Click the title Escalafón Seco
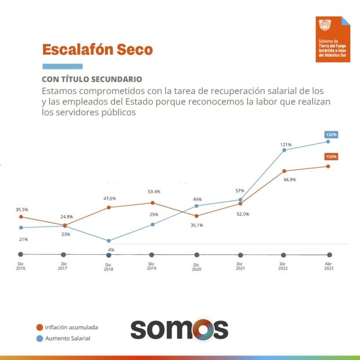coord(98,50)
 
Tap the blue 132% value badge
coord(332,135)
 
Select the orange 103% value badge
coord(332,157)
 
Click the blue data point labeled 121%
coord(285,150)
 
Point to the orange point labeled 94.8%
coord(285,171)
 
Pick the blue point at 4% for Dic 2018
coord(109,240)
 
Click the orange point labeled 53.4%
coord(153,203)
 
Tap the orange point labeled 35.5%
coord(21,217)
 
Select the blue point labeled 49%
coord(196,206)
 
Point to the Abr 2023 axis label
coord(329,267)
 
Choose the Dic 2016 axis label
coord(21,267)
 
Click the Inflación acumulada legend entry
coord(66,327)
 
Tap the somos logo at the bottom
coord(179,329)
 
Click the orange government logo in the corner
coord(333,39)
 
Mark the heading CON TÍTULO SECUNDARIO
coord(92,79)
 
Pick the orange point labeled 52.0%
coord(240,203)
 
